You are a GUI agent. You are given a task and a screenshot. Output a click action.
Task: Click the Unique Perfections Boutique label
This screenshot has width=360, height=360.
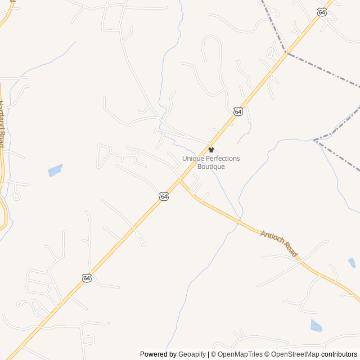211,163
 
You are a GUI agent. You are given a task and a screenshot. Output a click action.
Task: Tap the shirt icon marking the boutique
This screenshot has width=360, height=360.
211,150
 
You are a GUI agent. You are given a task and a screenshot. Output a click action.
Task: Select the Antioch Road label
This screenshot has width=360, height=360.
278,244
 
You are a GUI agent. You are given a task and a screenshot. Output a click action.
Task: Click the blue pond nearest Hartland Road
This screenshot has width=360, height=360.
55,170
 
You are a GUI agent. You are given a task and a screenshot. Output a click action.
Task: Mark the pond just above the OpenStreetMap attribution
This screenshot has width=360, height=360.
316,326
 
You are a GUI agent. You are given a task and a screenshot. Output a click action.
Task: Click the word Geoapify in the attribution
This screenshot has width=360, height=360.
192,354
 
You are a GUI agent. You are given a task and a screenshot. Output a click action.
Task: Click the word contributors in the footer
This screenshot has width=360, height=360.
339,354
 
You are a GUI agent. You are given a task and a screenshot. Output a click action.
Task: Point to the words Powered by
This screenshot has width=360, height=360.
158,354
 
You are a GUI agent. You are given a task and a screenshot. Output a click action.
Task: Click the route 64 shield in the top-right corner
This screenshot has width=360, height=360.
322,12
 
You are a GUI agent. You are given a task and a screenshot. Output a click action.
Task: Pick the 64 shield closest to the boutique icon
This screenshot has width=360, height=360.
238,112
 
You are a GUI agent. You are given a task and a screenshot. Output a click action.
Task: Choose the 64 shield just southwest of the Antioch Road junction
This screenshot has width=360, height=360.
164,196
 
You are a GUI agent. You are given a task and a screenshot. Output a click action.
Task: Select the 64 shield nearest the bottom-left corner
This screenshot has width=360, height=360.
86,278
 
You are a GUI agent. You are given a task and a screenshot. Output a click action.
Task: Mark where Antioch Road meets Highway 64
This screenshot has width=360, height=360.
179,181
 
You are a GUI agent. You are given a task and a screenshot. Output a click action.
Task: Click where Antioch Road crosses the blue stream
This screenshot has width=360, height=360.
239,221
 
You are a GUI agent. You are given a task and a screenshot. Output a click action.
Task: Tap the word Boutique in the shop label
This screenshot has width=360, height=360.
211,166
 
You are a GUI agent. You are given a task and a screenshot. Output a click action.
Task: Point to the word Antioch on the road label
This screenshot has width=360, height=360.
271,238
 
